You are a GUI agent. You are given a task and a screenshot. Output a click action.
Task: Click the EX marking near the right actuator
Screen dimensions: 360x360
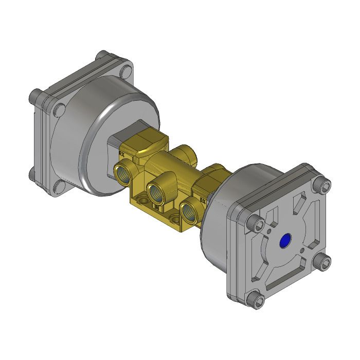[x=203, y=200]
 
